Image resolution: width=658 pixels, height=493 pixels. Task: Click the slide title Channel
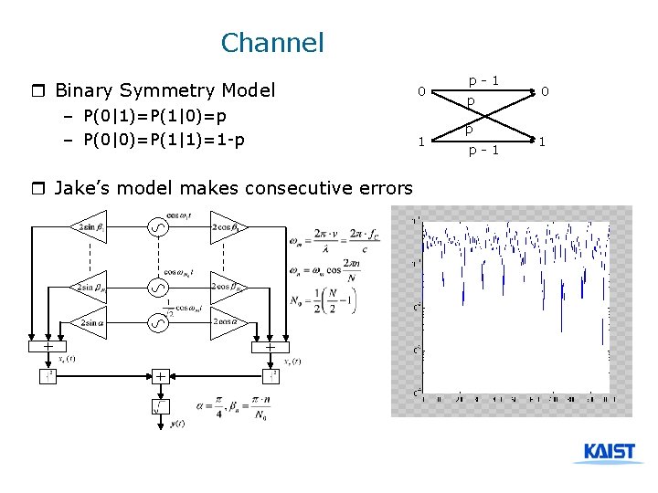(x=272, y=42)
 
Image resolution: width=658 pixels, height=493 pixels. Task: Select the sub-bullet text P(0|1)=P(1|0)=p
(x=154, y=117)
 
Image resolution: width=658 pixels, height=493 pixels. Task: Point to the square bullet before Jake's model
(x=37, y=189)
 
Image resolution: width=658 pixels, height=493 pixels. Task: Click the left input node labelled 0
(x=420, y=91)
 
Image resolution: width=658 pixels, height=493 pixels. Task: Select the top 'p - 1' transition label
(x=483, y=80)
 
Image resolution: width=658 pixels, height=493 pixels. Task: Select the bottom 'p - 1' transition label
(x=483, y=151)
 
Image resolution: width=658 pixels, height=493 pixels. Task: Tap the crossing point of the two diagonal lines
(x=482, y=116)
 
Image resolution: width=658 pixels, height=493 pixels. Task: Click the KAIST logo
(x=609, y=453)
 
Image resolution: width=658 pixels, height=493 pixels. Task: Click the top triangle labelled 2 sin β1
(x=89, y=226)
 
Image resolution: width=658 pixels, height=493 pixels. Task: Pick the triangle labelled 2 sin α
(x=89, y=322)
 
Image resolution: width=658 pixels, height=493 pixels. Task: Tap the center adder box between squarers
(x=159, y=375)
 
